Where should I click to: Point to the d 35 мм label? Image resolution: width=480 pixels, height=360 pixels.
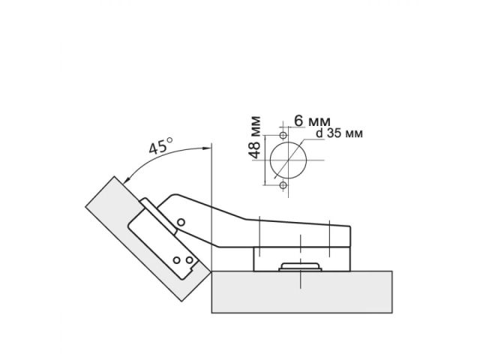point(339,133)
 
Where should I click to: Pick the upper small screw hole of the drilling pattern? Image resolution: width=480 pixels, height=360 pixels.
point(283,135)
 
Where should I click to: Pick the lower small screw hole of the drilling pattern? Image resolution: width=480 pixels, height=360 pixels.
point(283,184)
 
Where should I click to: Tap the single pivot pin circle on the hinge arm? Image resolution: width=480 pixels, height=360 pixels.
point(181,222)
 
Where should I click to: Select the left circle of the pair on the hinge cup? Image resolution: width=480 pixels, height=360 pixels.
point(178,259)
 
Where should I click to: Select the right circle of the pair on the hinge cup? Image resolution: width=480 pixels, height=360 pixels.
point(190,262)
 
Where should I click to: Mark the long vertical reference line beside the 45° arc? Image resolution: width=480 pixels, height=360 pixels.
point(212,202)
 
